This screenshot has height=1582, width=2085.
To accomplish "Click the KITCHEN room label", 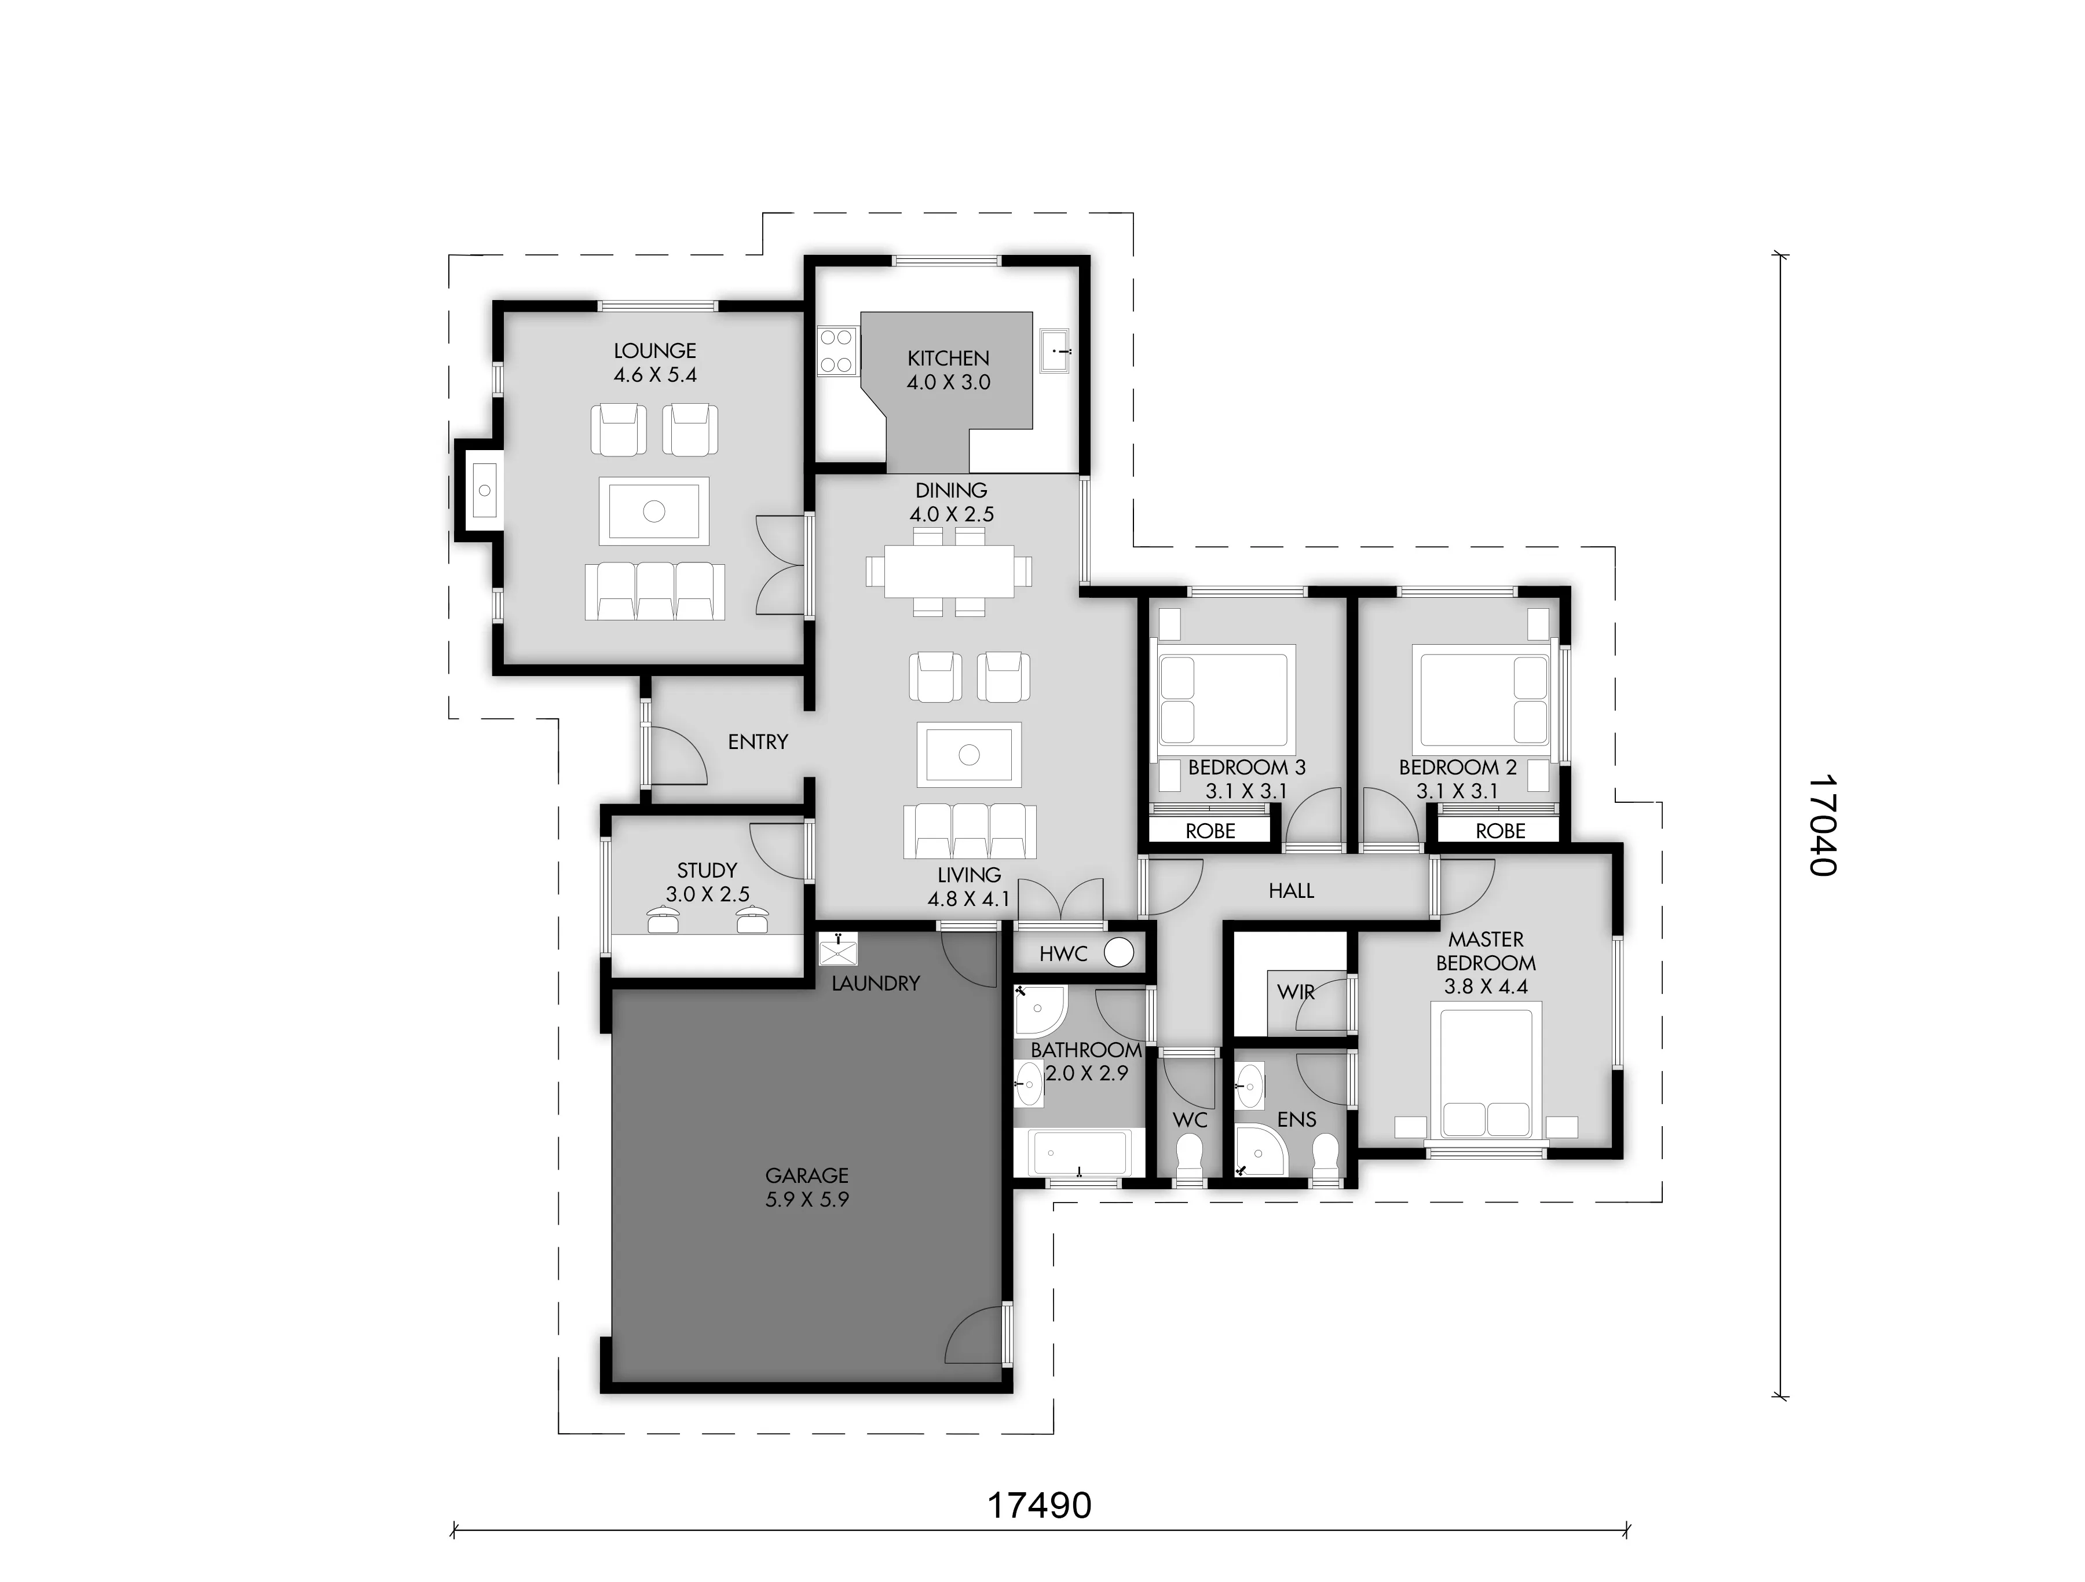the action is point(948,358).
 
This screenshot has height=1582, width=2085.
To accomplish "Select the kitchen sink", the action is point(1054,352).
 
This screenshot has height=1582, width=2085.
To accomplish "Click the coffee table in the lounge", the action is point(654,511).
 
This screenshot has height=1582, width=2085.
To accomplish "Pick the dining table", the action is point(949,571).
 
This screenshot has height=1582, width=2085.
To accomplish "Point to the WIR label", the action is point(1296,992).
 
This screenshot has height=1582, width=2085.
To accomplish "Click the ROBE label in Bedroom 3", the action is point(1210,831).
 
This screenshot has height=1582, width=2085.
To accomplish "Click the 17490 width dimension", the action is point(1040,1506).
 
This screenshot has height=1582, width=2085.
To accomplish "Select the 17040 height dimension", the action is point(1823,826).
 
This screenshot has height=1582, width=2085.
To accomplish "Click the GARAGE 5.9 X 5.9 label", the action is point(807,1187).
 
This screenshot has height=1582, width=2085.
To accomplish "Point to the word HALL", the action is point(1292,891).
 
